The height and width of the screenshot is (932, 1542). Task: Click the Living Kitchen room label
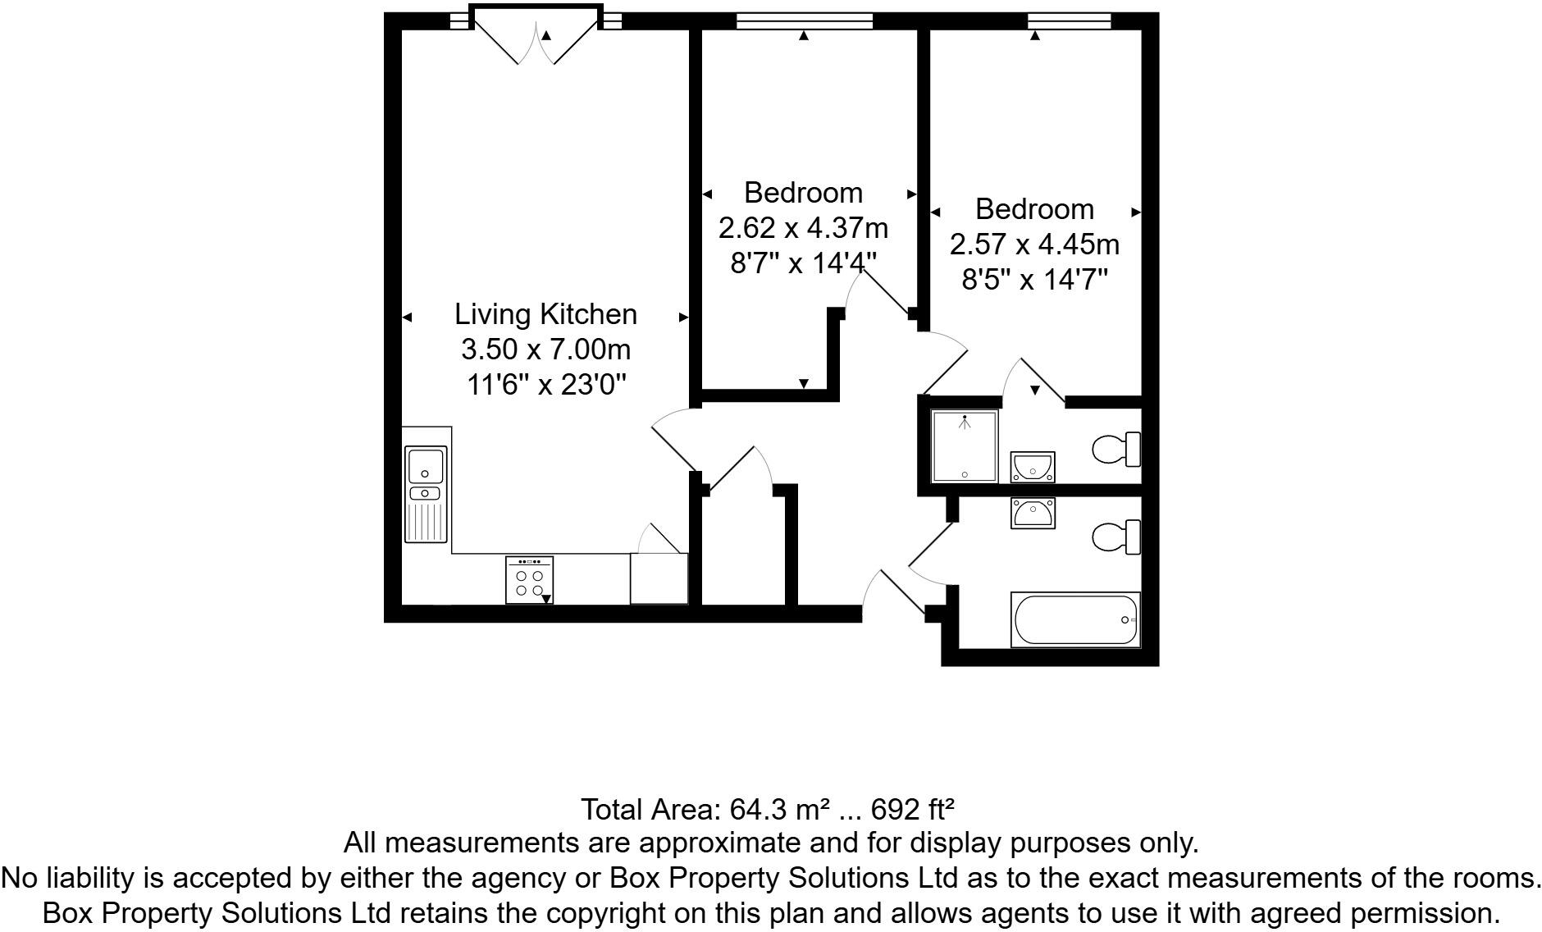click(545, 314)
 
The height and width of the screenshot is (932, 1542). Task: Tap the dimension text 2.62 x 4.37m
click(803, 227)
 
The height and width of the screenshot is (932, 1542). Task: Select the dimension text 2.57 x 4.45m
click(1034, 244)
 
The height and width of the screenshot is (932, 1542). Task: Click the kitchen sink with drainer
click(426, 494)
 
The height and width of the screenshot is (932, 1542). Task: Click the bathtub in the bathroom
click(1075, 619)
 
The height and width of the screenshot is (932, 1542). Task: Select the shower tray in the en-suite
click(965, 446)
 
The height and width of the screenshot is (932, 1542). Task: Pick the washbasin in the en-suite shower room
click(1033, 468)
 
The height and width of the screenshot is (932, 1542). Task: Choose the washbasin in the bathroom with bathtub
click(1033, 514)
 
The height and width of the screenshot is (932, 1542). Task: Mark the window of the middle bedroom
click(804, 21)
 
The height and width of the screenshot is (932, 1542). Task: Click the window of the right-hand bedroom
click(1069, 21)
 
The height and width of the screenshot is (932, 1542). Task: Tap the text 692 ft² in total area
click(913, 810)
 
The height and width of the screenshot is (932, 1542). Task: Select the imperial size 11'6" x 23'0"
click(546, 384)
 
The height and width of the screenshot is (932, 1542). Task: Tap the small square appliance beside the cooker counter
click(658, 578)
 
